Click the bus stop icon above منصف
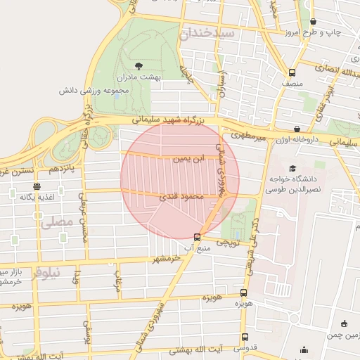292,72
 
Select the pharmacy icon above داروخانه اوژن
297,129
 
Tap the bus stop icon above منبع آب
198,237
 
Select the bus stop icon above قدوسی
245,337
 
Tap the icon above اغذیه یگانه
37,186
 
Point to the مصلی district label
57,223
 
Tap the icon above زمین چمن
344,324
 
